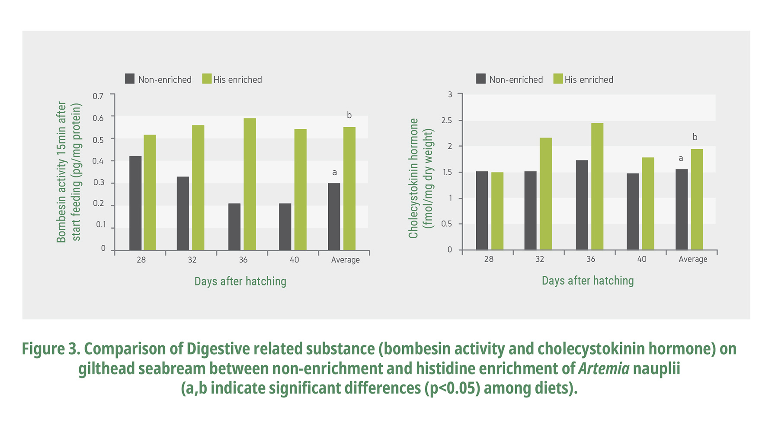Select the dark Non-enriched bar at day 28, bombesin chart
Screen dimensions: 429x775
click(135, 203)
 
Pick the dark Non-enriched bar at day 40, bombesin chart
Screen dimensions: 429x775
click(285, 227)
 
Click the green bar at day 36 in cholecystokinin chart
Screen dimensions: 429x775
click(597, 186)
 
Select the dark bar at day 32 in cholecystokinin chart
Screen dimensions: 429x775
click(530, 211)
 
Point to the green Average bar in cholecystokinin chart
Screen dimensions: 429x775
click(697, 199)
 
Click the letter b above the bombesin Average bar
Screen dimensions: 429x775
click(349, 115)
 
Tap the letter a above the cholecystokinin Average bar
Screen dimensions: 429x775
click(681, 158)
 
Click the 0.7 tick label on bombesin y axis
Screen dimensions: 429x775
click(98, 96)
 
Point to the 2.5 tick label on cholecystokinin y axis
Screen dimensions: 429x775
click(446, 120)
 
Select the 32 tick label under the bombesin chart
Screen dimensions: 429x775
click(192, 260)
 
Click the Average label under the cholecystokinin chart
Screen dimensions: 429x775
click(693, 259)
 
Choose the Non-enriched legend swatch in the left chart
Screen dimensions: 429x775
click(130, 79)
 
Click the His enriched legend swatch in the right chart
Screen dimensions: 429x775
click(558, 79)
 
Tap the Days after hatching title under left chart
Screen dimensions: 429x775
click(240, 281)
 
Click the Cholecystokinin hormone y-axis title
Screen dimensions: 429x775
click(414, 178)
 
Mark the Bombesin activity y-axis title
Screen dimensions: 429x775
click(62, 172)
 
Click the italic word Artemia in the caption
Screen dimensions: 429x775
click(603, 368)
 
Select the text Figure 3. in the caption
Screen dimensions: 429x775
click(51, 349)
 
